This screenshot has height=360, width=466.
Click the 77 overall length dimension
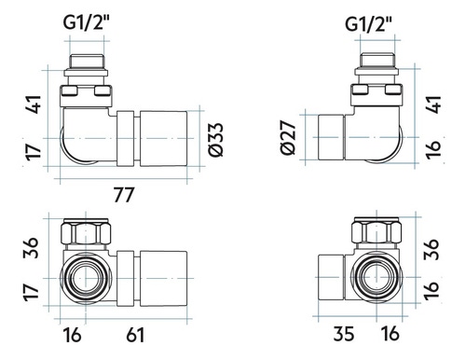(x=124, y=195)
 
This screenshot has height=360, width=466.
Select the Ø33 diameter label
(x=216, y=140)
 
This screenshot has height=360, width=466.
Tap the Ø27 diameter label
(x=288, y=137)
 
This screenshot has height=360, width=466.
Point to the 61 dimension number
(x=135, y=336)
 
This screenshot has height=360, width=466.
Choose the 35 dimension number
(x=344, y=334)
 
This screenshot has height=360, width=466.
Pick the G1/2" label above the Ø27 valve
(x=368, y=24)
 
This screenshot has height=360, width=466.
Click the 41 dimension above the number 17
(x=34, y=104)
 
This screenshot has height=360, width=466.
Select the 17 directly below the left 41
(x=34, y=153)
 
